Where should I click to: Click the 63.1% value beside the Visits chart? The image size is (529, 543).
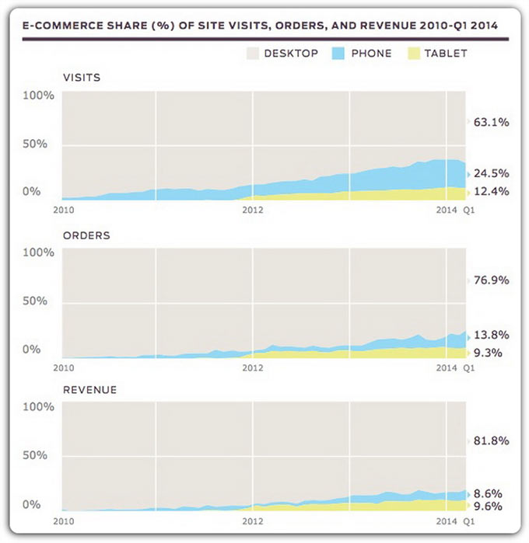click(x=492, y=122)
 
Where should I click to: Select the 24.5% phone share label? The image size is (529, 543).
click(x=492, y=173)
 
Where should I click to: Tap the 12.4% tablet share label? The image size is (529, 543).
click(x=492, y=191)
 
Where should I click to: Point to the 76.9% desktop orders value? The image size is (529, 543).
click(x=492, y=280)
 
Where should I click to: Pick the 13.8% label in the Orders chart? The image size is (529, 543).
click(x=492, y=335)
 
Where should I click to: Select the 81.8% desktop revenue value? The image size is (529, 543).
click(x=492, y=440)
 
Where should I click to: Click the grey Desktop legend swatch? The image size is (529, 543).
click(x=252, y=54)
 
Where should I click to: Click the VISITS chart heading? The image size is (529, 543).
click(x=82, y=78)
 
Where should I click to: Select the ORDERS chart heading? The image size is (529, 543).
click(x=86, y=235)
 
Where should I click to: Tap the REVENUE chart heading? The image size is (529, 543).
click(x=89, y=389)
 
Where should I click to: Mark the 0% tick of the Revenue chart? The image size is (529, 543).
click(x=31, y=505)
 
